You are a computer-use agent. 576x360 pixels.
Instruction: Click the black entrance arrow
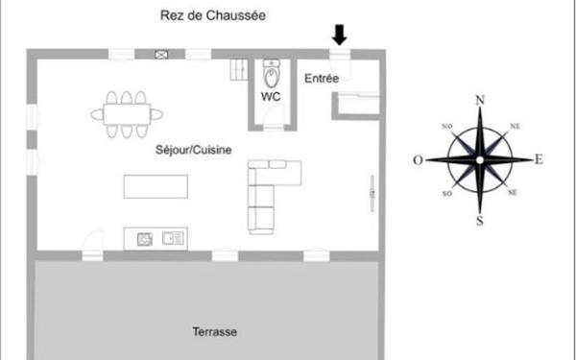[339, 36]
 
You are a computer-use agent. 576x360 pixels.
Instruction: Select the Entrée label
[322, 78]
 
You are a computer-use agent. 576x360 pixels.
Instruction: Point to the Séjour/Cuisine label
[193, 150]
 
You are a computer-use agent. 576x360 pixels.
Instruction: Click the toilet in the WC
[271, 73]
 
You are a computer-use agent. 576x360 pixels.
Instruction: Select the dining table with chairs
[126, 113]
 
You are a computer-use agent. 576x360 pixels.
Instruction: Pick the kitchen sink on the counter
[173, 237]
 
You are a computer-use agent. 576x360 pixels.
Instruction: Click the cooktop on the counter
[145, 237]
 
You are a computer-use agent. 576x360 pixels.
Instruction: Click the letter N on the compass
[480, 99]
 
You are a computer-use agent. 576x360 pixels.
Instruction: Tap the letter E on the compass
[539, 159]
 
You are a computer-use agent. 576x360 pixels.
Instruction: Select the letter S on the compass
[479, 221]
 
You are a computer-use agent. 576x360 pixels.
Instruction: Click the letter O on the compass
[419, 160]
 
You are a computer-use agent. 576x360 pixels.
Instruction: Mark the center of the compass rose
[479, 159]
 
